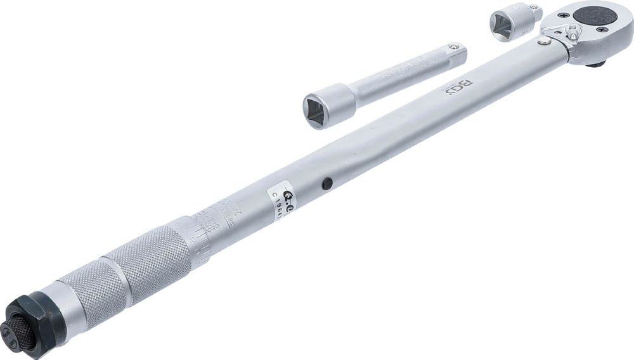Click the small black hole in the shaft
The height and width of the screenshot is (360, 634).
[327, 183]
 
